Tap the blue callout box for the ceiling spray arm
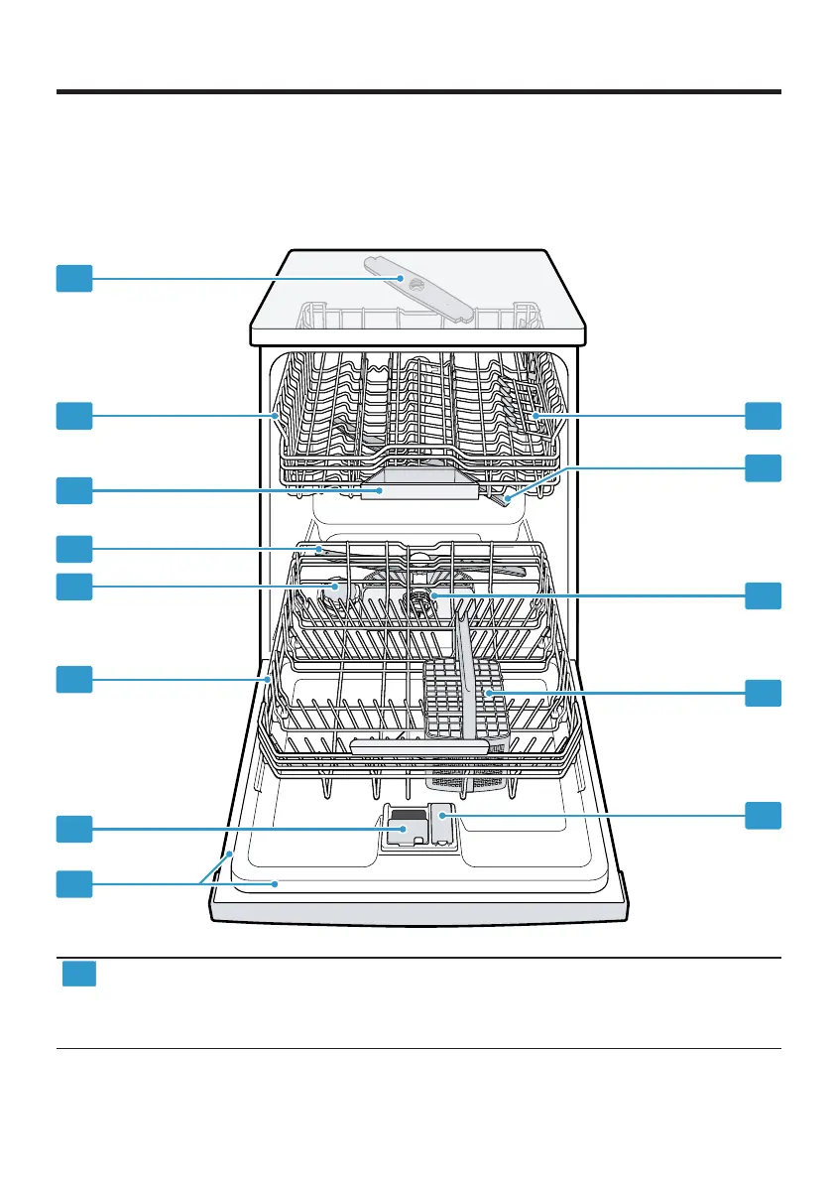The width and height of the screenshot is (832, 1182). tap(73, 278)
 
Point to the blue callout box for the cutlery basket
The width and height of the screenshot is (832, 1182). tap(763, 693)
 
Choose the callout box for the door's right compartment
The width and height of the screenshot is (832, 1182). tap(763, 815)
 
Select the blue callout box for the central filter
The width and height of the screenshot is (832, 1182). tap(763, 595)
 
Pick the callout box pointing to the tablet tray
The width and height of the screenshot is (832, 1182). tap(73, 490)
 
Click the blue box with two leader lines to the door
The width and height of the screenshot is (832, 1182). tap(73, 884)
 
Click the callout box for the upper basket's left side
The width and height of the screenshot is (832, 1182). tap(73, 416)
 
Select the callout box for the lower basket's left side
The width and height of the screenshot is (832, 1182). tap(73, 679)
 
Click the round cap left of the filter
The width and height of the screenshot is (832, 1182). tap(338, 588)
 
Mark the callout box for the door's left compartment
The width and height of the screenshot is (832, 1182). tap(73, 828)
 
